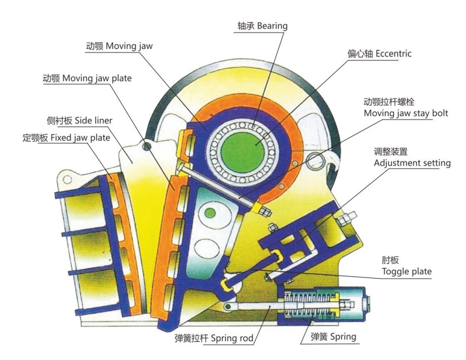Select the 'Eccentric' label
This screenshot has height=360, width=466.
pyautogui.click(x=379, y=54)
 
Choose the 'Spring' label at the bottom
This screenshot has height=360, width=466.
pyautogui.click(x=333, y=337)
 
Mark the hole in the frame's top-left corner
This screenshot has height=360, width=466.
pyautogui.click(x=67, y=180)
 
